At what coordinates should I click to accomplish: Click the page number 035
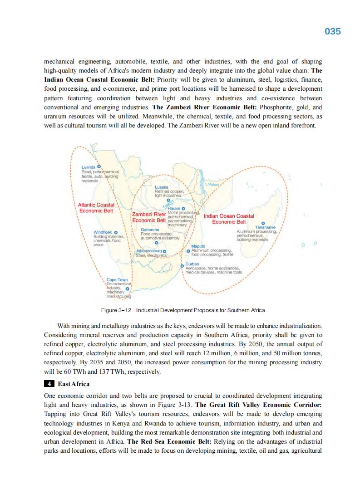[x=333, y=31]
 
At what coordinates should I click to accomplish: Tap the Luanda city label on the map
[x=88, y=167]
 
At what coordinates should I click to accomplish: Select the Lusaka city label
[x=162, y=187]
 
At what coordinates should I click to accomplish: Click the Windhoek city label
[x=103, y=232]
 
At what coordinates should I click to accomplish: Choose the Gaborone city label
[x=150, y=230]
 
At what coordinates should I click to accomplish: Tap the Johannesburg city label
[x=148, y=251]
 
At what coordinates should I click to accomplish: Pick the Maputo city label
[x=198, y=246]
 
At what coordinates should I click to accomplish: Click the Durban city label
[x=192, y=264]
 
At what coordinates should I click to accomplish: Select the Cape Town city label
[x=117, y=280]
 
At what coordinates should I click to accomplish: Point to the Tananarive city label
[x=266, y=227]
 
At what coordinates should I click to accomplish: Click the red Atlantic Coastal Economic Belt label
[x=96, y=208]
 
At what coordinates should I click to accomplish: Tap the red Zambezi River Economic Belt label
[x=149, y=217]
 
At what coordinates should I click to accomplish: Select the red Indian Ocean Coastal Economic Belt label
[x=229, y=219]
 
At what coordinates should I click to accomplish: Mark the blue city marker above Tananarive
[x=263, y=223]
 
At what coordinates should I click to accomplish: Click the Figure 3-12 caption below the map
[x=182, y=310]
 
